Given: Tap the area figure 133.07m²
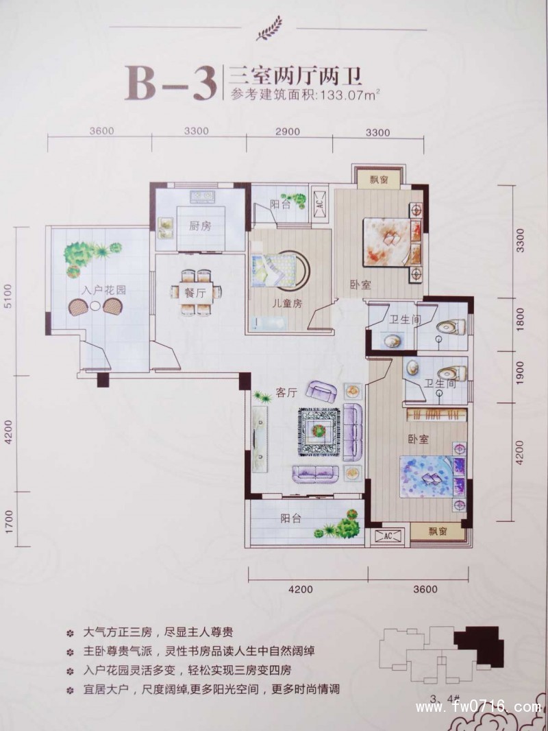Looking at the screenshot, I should coord(348,96).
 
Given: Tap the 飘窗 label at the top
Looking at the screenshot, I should coord(380,180).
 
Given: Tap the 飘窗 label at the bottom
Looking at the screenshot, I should coord(438,531).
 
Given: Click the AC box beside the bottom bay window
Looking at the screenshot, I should coord(388,535).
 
